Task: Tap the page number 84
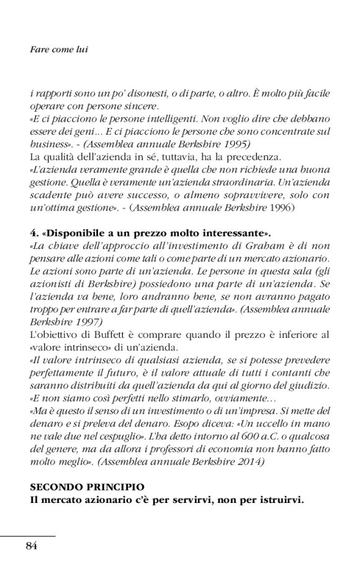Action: pyautogui.click(x=32, y=546)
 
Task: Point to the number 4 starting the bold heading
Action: pyautogui.click(x=33, y=233)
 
